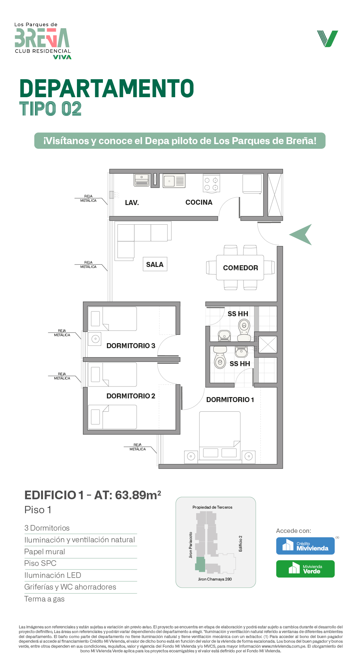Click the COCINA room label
[199, 202]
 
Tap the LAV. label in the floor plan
[132, 203]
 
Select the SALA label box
[155, 264]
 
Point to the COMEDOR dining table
[240, 268]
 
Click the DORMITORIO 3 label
[131, 346]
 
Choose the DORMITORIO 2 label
[131, 396]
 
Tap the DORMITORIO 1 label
[230, 400]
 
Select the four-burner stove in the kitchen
[211, 183]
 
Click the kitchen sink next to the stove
[174, 181]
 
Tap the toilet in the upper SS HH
[244, 330]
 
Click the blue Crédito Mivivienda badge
[305, 546]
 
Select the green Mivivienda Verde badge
[305, 569]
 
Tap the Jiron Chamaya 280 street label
[215, 579]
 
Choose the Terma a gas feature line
[45, 599]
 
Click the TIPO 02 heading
[50, 109]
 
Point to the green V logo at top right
[328, 39]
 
